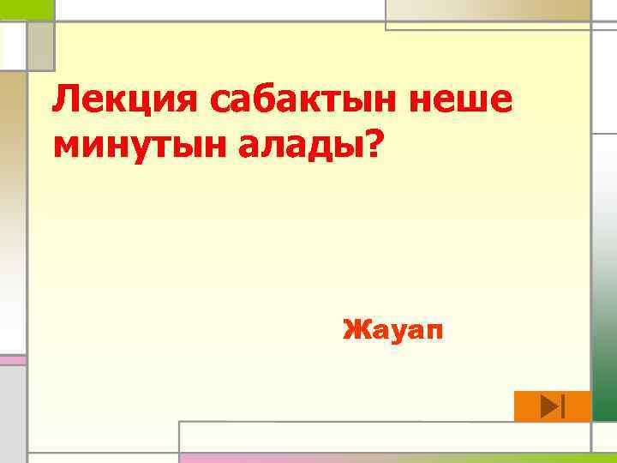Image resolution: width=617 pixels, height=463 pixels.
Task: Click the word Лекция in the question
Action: click(x=124, y=102)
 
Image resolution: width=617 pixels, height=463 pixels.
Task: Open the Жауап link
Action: click(x=393, y=328)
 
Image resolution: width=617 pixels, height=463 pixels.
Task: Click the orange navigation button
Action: click(x=552, y=406)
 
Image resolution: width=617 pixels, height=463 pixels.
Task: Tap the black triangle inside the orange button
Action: click(x=549, y=406)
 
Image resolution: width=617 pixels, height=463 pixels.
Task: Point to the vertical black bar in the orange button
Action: click(x=561, y=406)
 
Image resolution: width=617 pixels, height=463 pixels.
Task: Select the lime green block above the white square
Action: click(x=27, y=9)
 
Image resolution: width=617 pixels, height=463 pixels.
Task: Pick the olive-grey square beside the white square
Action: click(x=40, y=45)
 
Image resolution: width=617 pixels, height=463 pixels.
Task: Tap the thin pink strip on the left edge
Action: click(x=12, y=360)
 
